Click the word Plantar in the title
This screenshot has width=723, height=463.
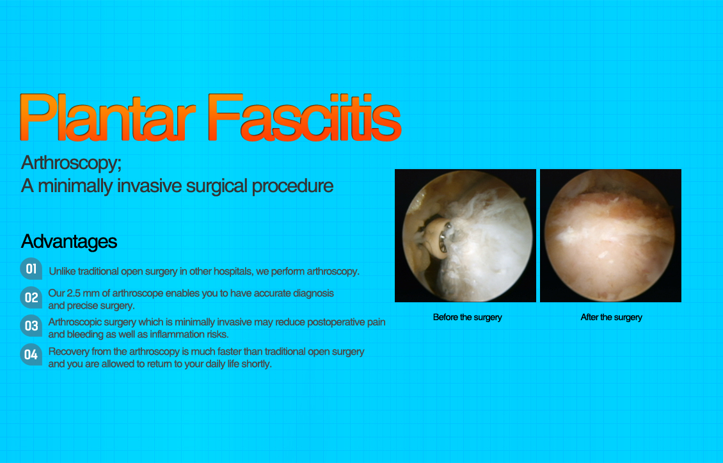click(107, 117)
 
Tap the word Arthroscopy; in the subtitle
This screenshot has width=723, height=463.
click(72, 163)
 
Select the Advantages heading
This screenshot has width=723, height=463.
click(69, 241)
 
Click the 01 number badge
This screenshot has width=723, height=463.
click(31, 269)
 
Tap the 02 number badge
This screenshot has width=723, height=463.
click(31, 298)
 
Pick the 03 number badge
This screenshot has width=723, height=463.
click(31, 326)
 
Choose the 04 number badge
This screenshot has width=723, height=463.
click(31, 355)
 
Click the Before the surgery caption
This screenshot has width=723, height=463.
click(467, 317)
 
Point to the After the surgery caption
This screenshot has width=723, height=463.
click(612, 317)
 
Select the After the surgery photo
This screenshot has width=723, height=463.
click(610, 236)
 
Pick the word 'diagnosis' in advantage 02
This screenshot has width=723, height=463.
click(314, 293)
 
